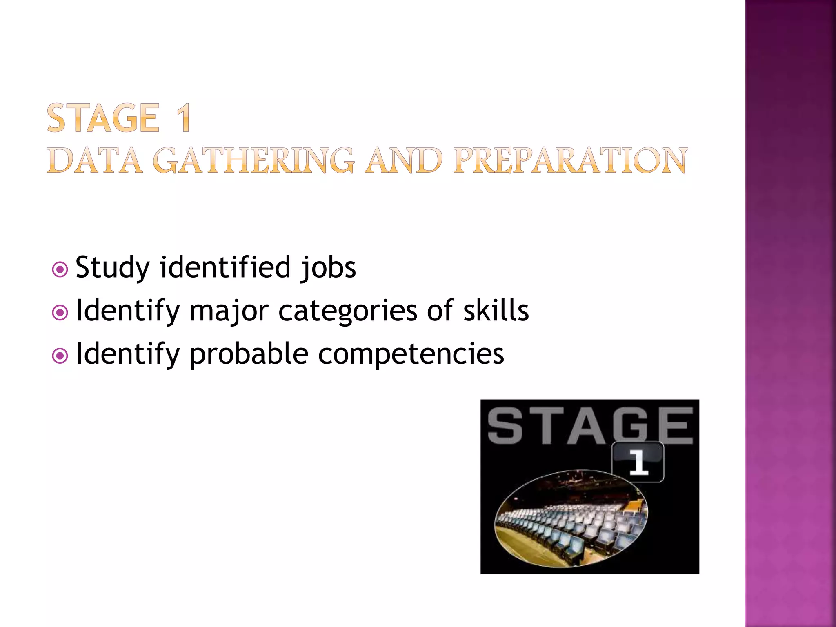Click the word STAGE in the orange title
pos(102,118)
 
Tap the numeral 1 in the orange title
pos(183,118)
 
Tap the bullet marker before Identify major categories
pos(60,313)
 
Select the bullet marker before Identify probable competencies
pos(60,356)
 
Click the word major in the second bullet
pos(229,311)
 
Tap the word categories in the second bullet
pos(347,311)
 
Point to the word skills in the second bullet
pos(496,311)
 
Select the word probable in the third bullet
pos(249,354)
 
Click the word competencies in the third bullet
pos(411,354)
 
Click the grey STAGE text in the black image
pos(589,426)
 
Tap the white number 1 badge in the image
pos(638,462)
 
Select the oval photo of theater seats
pos(571,519)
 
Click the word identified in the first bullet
pos(225,267)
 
